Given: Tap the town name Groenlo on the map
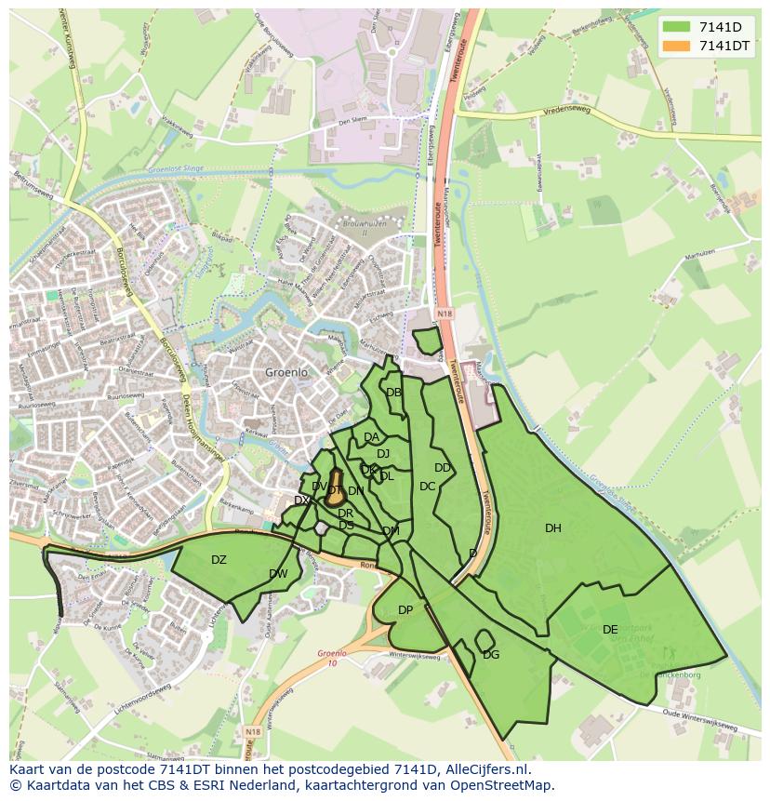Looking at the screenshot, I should click(x=286, y=372).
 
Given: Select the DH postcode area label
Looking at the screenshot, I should click(x=553, y=528).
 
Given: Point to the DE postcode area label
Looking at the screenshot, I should click(x=610, y=630).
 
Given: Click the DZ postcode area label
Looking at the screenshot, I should click(x=219, y=560).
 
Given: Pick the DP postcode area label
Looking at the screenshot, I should click(x=405, y=610).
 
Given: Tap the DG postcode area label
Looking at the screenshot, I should click(x=491, y=655).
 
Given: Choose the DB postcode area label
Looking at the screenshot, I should click(x=393, y=393).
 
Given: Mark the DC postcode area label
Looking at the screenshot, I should click(x=427, y=487).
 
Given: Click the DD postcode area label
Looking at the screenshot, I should click(x=443, y=468).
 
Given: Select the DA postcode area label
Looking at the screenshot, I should click(x=371, y=437).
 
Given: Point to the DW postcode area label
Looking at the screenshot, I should click(x=278, y=574).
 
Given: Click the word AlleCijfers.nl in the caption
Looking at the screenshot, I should click(x=485, y=769).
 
